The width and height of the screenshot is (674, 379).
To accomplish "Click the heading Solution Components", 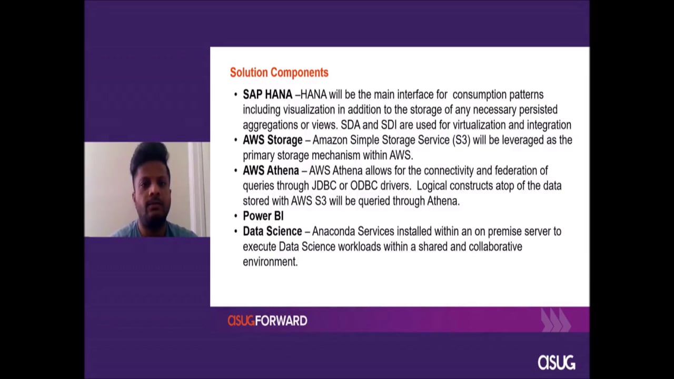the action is tap(279, 73).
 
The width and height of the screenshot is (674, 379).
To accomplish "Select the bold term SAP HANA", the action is tap(267, 95).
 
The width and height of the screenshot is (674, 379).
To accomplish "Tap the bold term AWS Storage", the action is tap(273, 140).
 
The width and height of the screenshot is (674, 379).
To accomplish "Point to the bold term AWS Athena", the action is tap(271, 171).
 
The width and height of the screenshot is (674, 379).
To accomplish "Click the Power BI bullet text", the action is tap(263, 216).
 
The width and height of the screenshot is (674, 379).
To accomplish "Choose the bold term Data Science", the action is tap(272, 231).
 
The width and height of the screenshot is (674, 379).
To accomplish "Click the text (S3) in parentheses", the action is tap(461, 140).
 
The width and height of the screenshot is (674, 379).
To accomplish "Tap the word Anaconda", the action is tap(333, 231).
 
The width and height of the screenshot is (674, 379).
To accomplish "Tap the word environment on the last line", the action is tap(270, 262).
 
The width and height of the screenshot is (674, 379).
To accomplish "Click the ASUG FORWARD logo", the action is tap(267, 321).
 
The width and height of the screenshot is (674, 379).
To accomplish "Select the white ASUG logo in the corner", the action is tap(557, 363).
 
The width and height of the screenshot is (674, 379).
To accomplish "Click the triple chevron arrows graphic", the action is tap(556, 320).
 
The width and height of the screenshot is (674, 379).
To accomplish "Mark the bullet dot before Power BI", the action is tap(235, 216).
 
